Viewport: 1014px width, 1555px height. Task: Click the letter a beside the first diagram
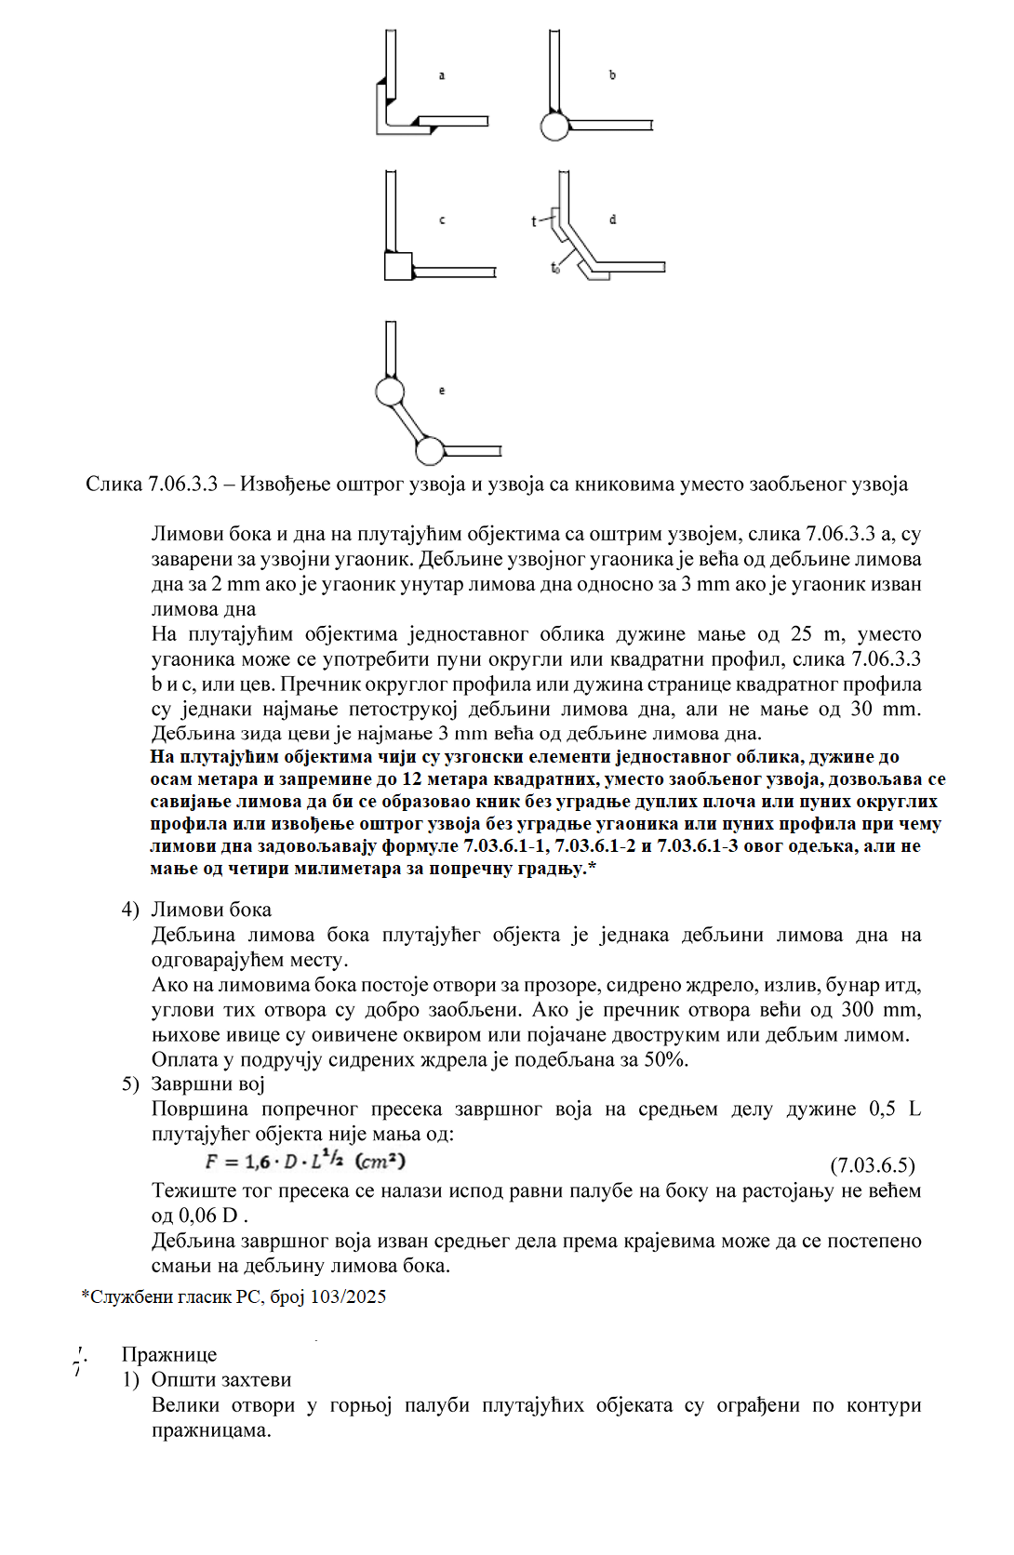pyautogui.click(x=442, y=75)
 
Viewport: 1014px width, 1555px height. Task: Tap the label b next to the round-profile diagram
pyautogui.click(x=612, y=75)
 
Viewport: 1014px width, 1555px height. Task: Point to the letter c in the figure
pyautogui.click(x=442, y=220)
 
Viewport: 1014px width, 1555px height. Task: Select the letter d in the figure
pyautogui.click(x=612, y=220)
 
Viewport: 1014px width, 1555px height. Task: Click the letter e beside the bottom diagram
pyautogui.click(x=442, y=391)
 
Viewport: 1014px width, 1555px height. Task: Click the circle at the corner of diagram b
pyautogui.click(x=554, y=126)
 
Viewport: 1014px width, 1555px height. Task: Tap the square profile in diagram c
pyautogui.click(x=398, y=266)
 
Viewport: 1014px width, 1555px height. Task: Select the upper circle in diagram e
pyautogui.click(x=390, y=392)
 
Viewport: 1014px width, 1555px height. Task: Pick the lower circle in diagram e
pyautogui.click(x=429, y=451)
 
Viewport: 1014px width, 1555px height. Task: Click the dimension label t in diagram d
pyautogui.click(x=534, y=221)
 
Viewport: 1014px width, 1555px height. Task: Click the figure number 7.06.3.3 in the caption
pyautogui.click(x=182, y=485)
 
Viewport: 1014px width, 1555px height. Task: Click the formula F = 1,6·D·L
pyautogui.click(x=305, y=1162)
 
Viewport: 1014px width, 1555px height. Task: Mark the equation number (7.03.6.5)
pyautogui.click(x=872, y=1166)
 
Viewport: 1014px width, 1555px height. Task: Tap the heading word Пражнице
pyautogui.click(x=168, y=1355)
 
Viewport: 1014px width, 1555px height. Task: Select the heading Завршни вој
pyautogui.click(x=207, y=1084)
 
